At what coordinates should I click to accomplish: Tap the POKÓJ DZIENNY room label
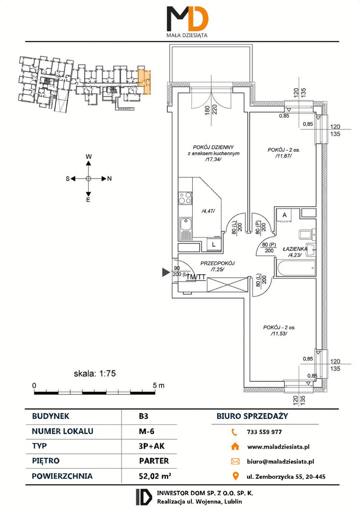pyautogui.click(x=213, y=147)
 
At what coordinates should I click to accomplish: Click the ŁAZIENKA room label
pyautogui.click(x=295, y=249)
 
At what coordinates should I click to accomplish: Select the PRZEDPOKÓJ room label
pyautogui.click(x=218, y=263)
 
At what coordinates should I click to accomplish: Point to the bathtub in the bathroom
pyautogui.click(x=295, y=268)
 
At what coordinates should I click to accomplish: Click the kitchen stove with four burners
pyautogui.click(x=185, y=198)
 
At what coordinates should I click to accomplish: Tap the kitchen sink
pyautogui.click(x=185, y=228)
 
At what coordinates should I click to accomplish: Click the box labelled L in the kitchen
pyautogui.click(x=213, y=245)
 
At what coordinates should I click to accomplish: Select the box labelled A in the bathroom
pyautogui.click(x=284, y=215)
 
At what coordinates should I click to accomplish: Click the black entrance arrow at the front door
pyautogui.click(x=166, y=272)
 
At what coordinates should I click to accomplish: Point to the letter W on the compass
pyautogui.click(x=89, y=156)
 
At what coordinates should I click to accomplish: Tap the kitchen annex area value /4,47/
pyautogui.click(x=208, y=211)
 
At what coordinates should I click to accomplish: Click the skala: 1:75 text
pyautogui.click(x=95, y=374)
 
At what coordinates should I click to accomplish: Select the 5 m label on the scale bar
pyautogui.click(x=159, y=386)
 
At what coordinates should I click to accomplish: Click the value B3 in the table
pyautogui.click(x=143, y=416)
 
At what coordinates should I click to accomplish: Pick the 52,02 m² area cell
pyautogui.click(x=155, y=476)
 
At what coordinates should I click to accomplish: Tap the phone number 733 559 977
pyautogui.click(x=264, y=432)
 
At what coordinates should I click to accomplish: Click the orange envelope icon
pyautogui.click(x=235, y=461)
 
